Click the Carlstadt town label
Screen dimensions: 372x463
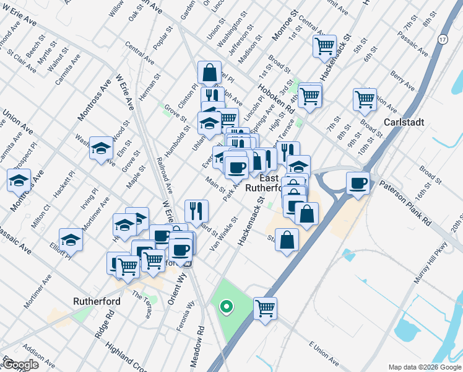pyautogui.click(x=404, y=122)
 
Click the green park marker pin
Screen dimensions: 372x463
pyautogui.click(x=227, y=306)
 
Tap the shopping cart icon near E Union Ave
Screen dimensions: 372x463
pyautogui.click(x=265, y=308)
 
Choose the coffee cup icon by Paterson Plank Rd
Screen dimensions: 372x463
pyautogui.click(x=358, y=183)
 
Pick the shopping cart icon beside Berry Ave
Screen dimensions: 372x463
pyautogui.click(x=365, y=99)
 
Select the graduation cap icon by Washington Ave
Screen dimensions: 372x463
pyautogui.click(x=101, y=148)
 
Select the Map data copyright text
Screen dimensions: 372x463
pyautogui.click(x=424, y=367)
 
